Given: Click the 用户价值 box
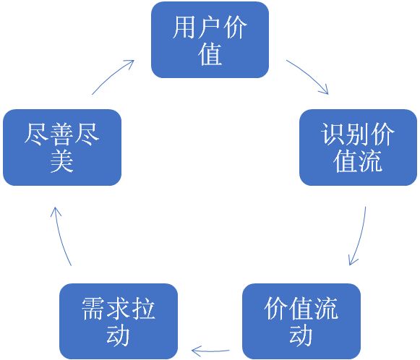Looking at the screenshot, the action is pos(210,40).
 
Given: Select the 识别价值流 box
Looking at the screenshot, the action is pos(358,147).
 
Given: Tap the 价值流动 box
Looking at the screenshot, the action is pos(301,322).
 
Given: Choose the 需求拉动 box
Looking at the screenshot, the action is pos(119,322).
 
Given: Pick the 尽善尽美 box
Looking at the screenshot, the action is pos(62,147).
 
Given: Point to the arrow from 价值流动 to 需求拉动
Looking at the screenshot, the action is pos(210,351).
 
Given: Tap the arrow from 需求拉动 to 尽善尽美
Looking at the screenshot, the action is pos(61,236).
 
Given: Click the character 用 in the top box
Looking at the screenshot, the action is pos(184,27).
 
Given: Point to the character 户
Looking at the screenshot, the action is pos(210,27).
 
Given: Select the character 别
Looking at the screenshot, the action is pos(358,134).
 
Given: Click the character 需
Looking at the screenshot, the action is pos(94,309).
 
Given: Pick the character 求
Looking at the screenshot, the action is pos(119,309).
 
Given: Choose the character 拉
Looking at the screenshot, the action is pos(143,309).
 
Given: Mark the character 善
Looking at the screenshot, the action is pos(62,134).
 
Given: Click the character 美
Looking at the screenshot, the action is pos(62,161).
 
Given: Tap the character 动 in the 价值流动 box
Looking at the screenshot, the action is pos(301,335).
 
